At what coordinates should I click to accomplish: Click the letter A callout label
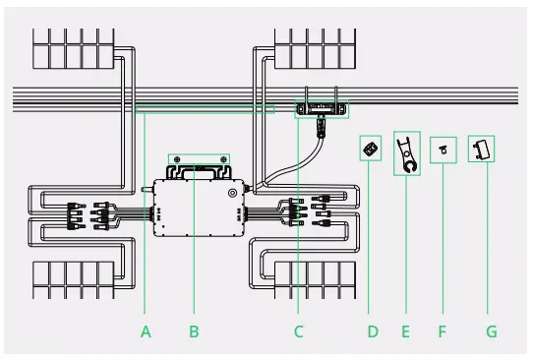pyautogui.click(x=146, y=331)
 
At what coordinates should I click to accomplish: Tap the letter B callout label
pyautogui.click(x=194, y=331)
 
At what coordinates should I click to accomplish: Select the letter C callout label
pyautogui.click(x=298, y=331)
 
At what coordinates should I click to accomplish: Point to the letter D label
pyautogui.click(x=373, y=331)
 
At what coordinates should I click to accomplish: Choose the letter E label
pyautogui.click(x=405, y=331)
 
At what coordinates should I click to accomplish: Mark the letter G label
pyautogui.click(x=492, y=331)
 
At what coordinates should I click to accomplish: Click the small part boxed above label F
pyautogui.click(x=444, y=150)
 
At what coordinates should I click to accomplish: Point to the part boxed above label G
pyautogui.click(x=481, y=149)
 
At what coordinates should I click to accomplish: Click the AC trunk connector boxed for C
pyautogui.click(x=322, y=109)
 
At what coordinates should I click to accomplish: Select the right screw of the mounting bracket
pyautogui.click(x=225, y=157)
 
